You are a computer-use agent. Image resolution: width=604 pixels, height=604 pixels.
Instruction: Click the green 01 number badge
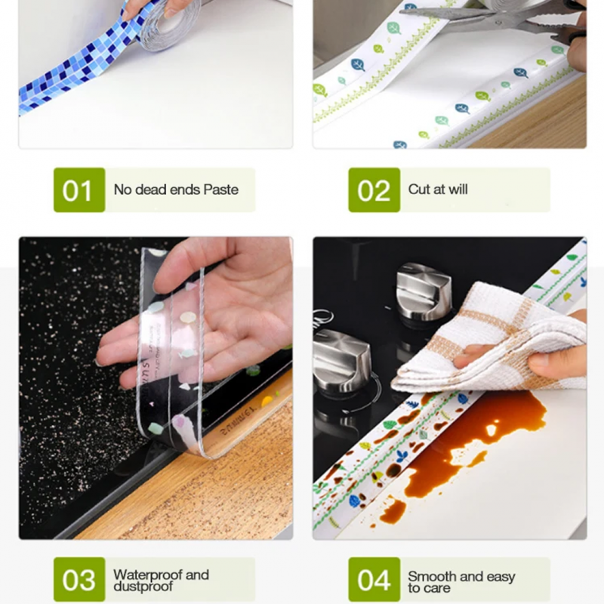click(x=79, y=190)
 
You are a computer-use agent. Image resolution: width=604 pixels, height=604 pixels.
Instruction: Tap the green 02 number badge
click(x=374, y=190)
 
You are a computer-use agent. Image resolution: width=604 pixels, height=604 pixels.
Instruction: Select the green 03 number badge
click(x=79, y=580)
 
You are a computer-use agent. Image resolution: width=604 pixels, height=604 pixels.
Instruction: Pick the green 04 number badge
click(x=374, y=580)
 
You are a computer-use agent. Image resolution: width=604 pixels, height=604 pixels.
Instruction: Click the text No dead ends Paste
click(x=176, y=190)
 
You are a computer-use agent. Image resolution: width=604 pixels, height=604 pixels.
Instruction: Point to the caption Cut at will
click(x=438, y=190)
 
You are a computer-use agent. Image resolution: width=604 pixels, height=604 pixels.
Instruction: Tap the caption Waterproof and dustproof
click(x=161, y=581)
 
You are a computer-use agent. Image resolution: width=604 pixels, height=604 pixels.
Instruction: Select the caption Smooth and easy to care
click(x=461, y=581)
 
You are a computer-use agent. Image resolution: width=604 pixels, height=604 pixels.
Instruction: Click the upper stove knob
click(x=423, y=290)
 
